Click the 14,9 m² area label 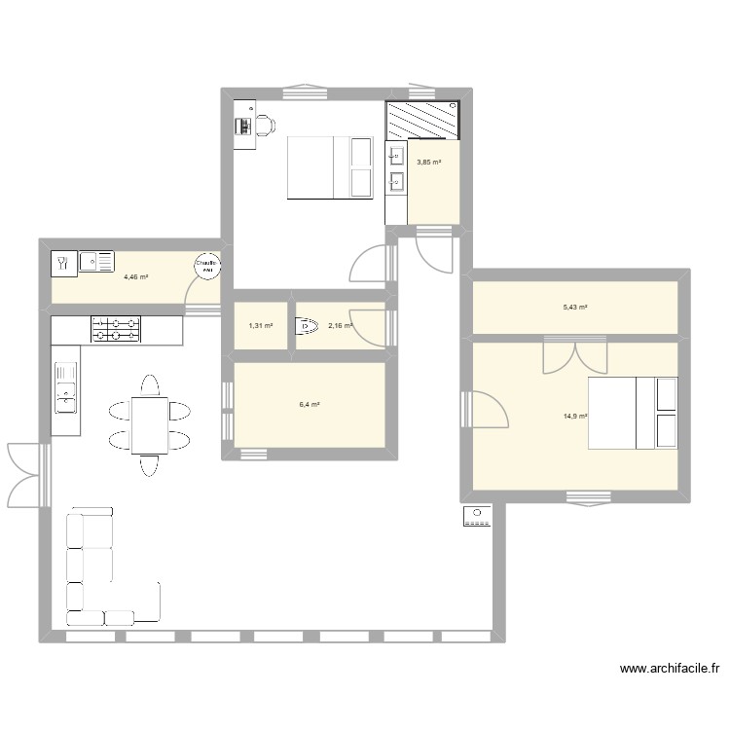[x=574, y=416]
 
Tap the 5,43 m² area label [x=574, y=307]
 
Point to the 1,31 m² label [x=261, y=326]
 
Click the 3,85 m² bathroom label [x=429, y=163]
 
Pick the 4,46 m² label [x=135, y=276]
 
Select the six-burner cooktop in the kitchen [x=116, y=329]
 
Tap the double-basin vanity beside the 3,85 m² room [x=396, y=168]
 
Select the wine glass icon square [x=61, y=261]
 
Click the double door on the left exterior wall [x=27, y=474]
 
